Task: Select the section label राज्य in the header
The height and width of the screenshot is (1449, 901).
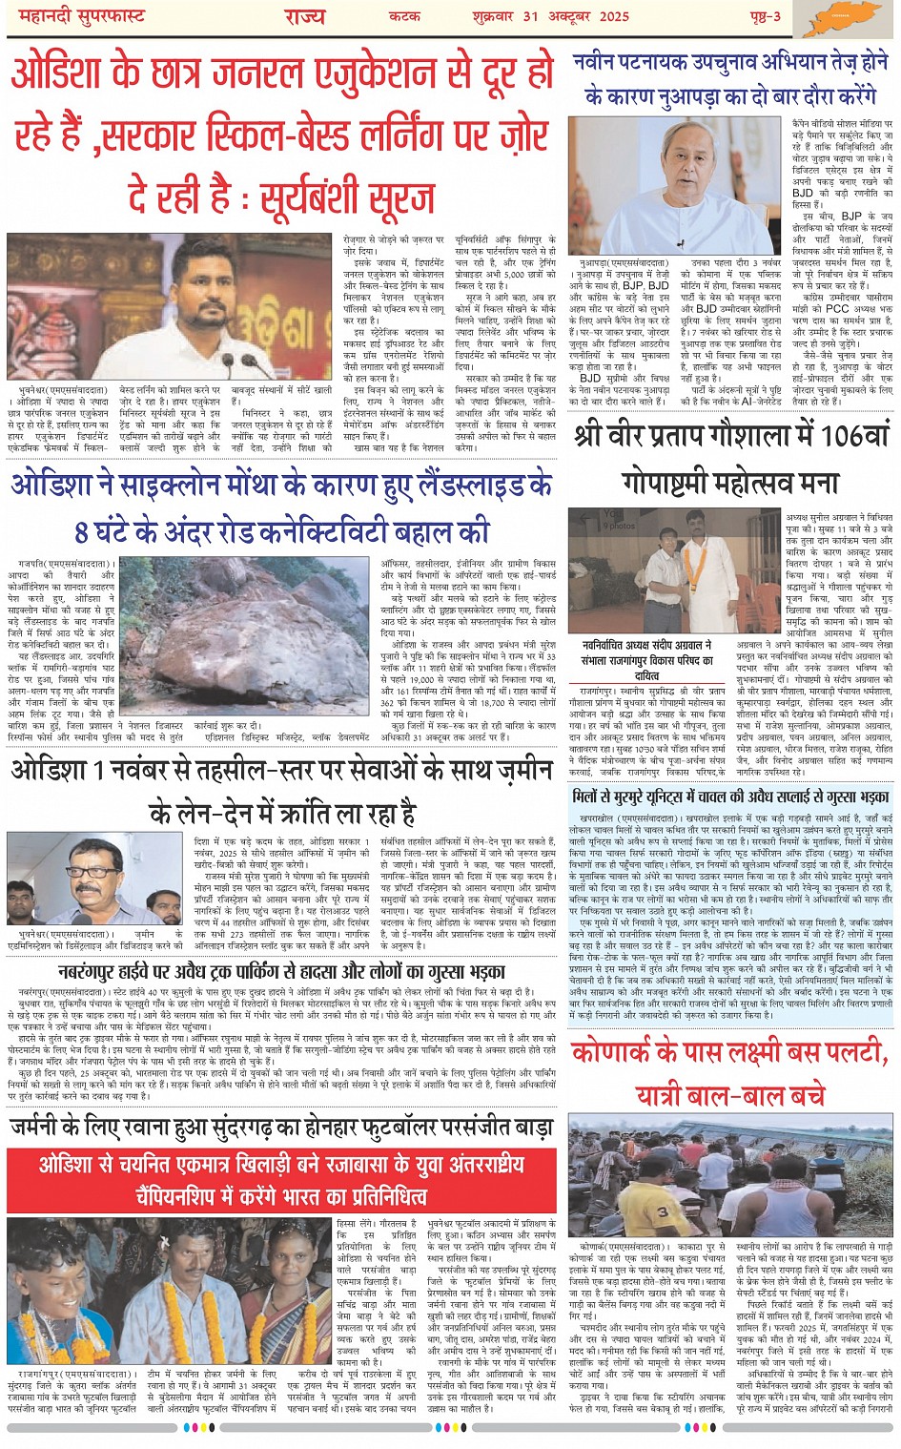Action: coord(304,15)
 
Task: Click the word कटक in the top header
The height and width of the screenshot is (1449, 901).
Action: coord(404,15)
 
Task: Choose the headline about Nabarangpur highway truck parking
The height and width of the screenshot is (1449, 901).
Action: coord(281,973)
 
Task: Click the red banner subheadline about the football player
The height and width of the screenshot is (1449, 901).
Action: coord(281,1178)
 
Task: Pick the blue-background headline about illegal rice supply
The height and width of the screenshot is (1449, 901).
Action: coord(731,796)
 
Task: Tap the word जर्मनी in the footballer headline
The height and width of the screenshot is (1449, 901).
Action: coord(47,1128)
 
